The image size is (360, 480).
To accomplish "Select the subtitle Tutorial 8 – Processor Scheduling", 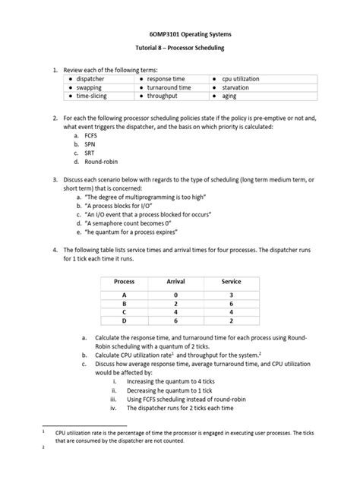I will coord(179,48).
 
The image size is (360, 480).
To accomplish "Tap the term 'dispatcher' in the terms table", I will coord(90,78).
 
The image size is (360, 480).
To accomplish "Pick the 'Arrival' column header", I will coord(175,281).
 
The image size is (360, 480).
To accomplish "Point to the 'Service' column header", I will coord(231,281).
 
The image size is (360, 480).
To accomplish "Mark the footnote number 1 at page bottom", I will coord(44,430).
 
